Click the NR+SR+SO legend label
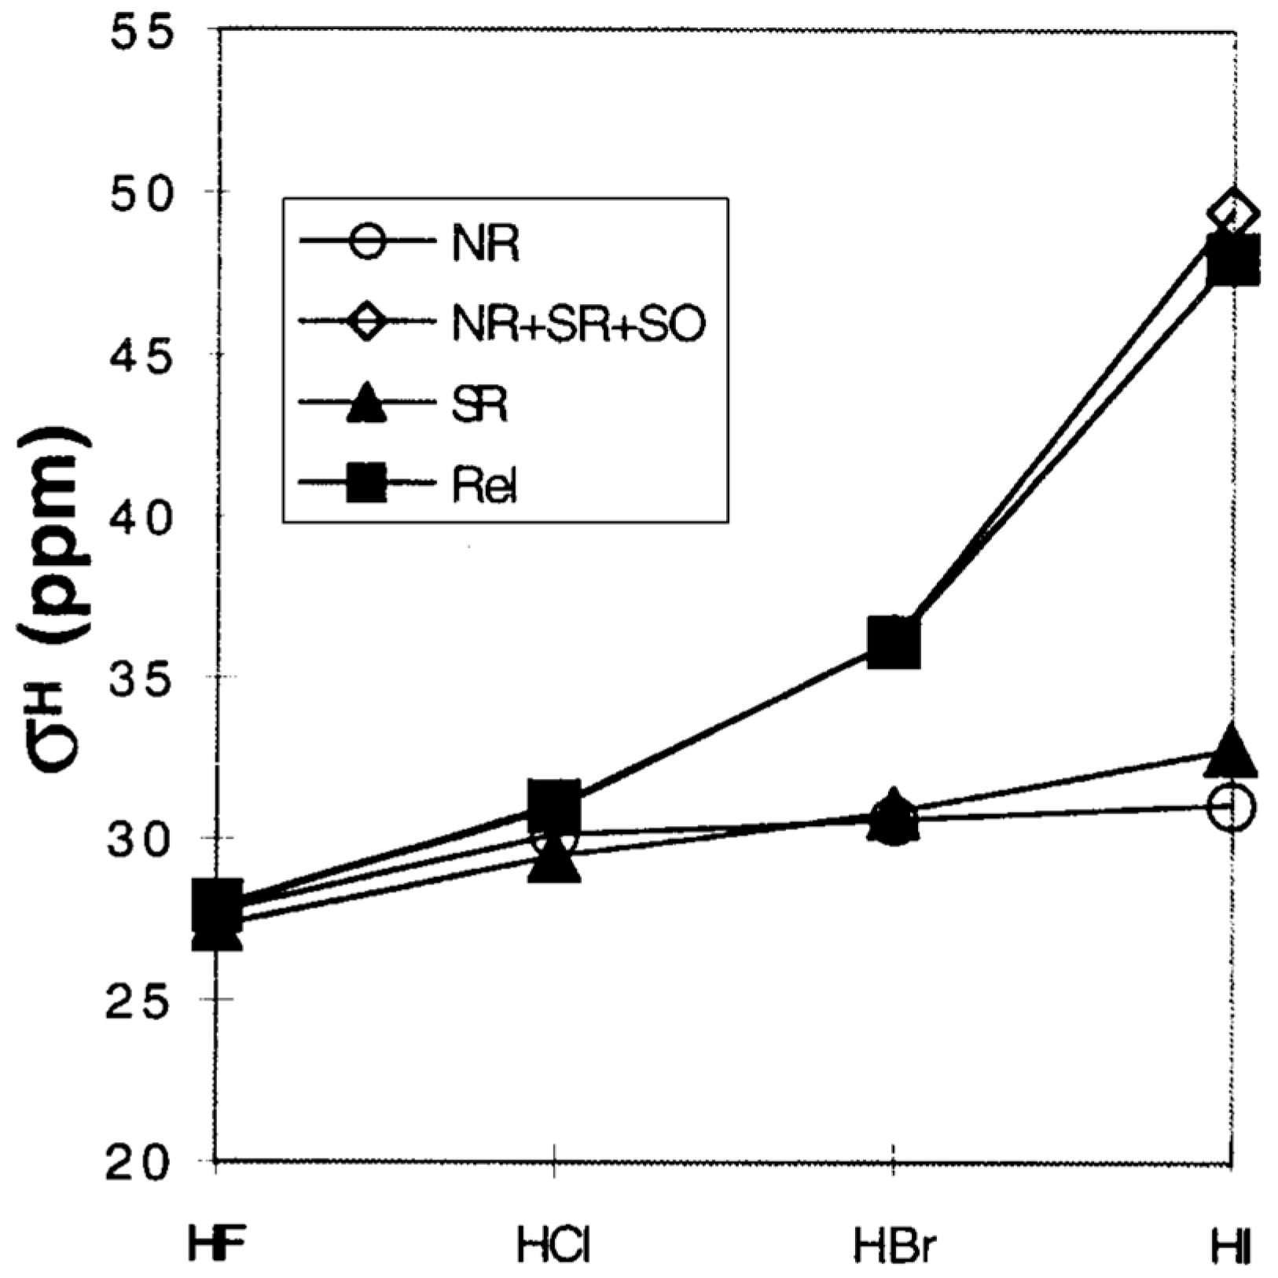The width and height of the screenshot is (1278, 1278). (579, 324)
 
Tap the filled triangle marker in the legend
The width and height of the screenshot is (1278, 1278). (366, 403)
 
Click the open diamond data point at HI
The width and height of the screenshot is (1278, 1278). (1235, 212)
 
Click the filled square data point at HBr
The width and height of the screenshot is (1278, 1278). (894, 641)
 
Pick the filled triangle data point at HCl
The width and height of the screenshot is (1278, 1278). (555, 863)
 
